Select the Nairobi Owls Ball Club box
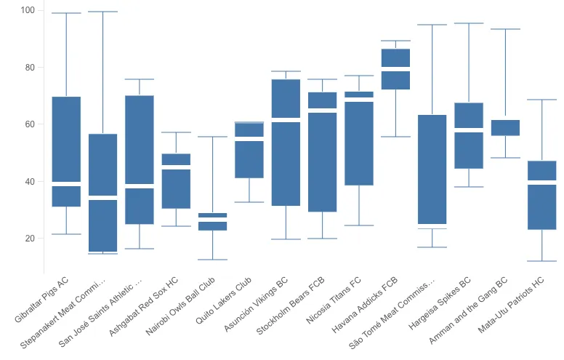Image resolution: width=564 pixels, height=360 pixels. click(x=212, y=222)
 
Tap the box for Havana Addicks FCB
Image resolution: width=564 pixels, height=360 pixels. click(x=395, y=69)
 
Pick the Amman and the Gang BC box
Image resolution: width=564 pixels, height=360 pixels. click(x=505, y=127)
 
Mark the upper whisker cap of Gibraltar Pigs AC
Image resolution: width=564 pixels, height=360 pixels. click(x=66, y=13)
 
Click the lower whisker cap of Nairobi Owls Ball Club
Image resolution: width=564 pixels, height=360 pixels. click(x=212, y=260)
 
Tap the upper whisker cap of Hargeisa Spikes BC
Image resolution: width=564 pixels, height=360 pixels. click(x=468, y=23)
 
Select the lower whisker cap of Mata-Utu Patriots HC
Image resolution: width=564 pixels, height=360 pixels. click(x=541, y=261)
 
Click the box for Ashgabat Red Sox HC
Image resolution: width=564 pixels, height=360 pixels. click(x=176, y=181)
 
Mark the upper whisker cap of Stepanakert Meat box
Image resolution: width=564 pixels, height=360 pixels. click(x=102, y=12)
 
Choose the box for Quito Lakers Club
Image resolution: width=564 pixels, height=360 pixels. click(x=249, y=150)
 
